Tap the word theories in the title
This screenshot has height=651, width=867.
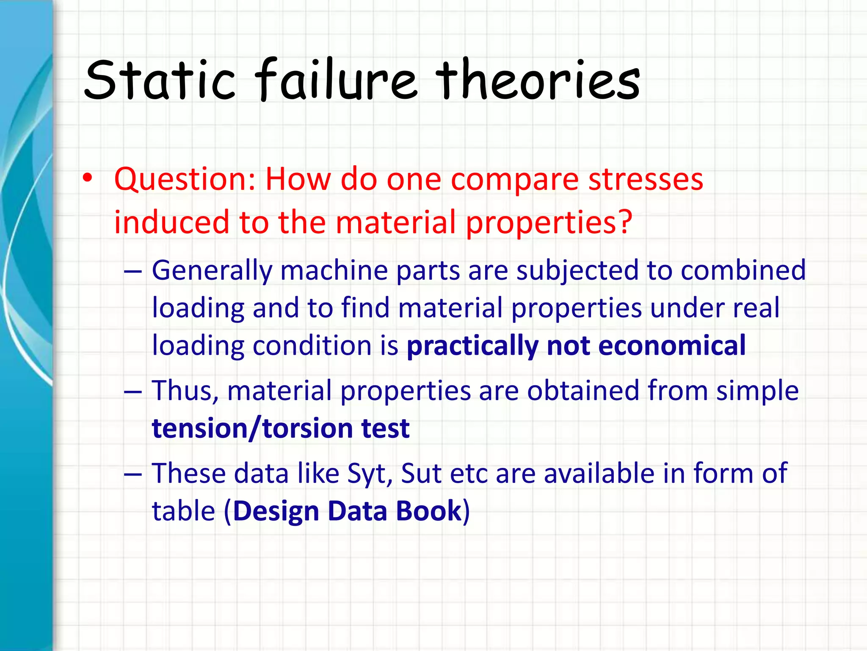point(538,80)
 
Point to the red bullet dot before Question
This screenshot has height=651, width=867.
point(87,178)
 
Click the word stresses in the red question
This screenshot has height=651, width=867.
point(646,179)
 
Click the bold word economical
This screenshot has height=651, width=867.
point(672,345)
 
